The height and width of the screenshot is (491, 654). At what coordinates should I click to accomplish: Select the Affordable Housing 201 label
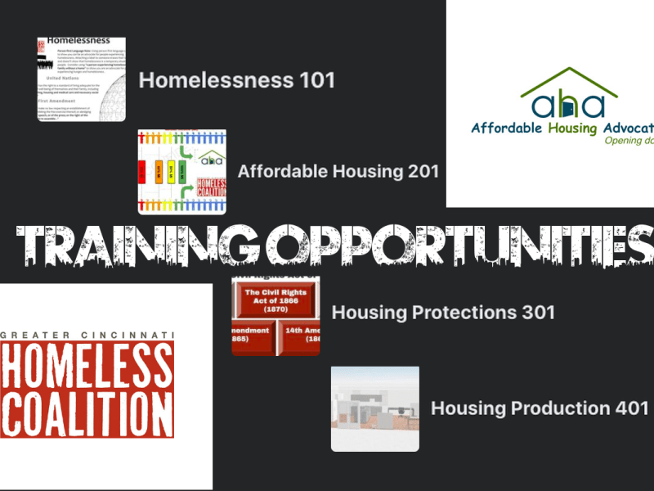[338, 171]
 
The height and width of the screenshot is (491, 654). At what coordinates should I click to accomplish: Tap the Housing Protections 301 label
[443, 312]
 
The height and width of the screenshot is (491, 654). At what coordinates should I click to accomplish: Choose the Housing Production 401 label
[540, 408]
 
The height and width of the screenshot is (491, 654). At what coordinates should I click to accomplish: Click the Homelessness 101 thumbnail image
[81, 79]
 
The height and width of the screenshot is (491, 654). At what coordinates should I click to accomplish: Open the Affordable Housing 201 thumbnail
[182, 171]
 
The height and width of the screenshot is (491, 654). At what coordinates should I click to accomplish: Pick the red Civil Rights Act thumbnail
[275, 316]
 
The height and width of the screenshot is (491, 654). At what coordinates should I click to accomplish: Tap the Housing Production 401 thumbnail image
[374, 408]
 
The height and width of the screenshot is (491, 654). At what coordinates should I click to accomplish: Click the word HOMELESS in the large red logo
[87, 366]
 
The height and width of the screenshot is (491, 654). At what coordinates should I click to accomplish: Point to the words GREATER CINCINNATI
[87, 336]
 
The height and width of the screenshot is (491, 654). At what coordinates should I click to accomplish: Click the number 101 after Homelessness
[317, 80]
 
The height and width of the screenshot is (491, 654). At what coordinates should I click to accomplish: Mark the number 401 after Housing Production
[631, 408]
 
